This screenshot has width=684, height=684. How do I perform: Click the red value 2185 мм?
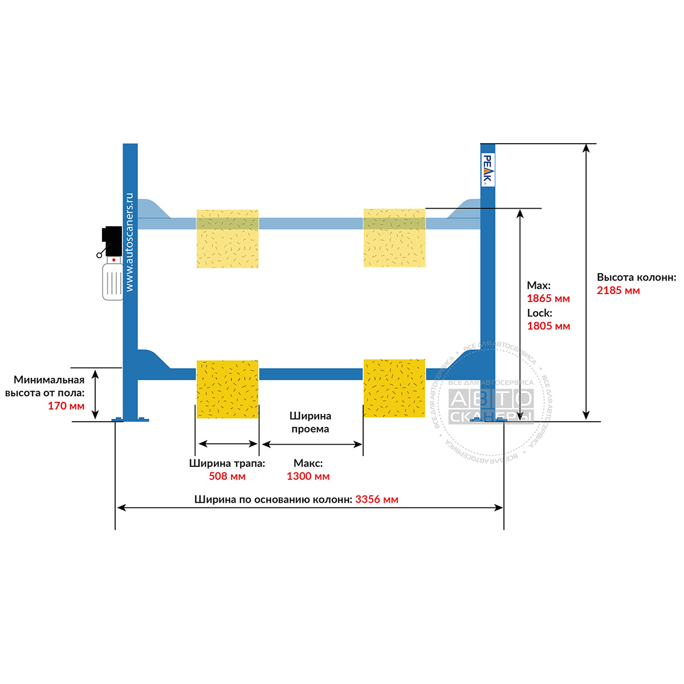coord(618,291)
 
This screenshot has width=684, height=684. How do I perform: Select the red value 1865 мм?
coord(548,299)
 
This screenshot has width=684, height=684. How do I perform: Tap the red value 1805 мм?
coord(548,326)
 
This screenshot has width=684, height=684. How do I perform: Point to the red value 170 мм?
coord(66,406)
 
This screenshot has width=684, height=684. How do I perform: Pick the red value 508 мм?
coord(227,476)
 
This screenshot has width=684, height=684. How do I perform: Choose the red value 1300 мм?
coord(308,476)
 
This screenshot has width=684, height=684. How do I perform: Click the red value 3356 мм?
coord(377,499)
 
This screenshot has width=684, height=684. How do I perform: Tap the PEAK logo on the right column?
coord(488,170)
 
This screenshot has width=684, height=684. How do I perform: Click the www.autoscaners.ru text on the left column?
coord(129,242)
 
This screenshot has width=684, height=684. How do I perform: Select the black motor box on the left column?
coord(112,241)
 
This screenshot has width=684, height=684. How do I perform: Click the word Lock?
coord(540,313)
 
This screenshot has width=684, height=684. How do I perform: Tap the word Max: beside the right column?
coord(539,286)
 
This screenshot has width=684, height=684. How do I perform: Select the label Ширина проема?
coord(310,422)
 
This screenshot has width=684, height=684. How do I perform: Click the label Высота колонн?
coord(637,277)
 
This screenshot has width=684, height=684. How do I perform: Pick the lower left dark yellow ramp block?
coord(227,389)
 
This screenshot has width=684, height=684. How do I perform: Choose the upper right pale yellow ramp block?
coord(394,238)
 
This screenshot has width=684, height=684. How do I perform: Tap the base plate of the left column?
coord(131,420)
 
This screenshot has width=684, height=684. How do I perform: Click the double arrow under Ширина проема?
coord(312,445)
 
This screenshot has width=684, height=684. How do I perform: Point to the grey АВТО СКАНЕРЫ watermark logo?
coord(491,406)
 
